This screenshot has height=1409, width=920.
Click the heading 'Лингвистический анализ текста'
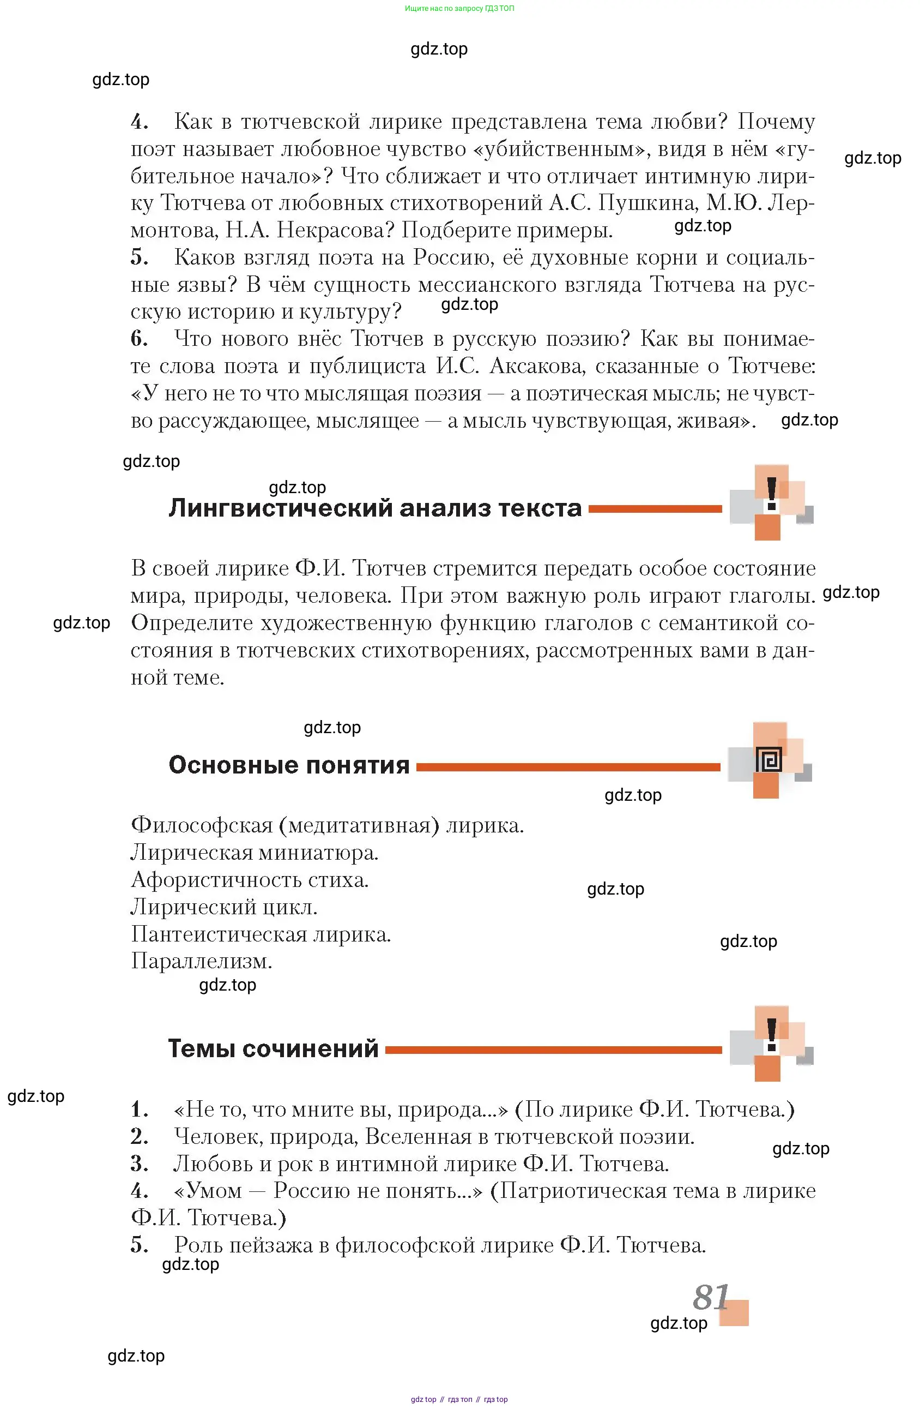pyautogui.click(x=375, y=508)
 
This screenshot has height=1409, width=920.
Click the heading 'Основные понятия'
pyautogui.click(x=289, y=765)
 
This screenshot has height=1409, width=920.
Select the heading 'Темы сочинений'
pyautogui.click(x=273, y=1048)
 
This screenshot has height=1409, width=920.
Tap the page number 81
pyautogui.click(x=710, y=1298)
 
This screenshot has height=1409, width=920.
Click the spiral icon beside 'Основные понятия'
pyautogui.click(x=769, y=759)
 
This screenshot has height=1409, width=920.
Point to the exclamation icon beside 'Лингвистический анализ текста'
pyautogui.click(x=772, y=494)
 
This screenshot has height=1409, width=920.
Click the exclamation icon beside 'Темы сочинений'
pyautogui.click(x=772, y=1035)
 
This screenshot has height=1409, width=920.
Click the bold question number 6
pyautogui.click(x=138, y=339)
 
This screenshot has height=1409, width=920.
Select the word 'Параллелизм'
pyautogui.click(x=201, y=961)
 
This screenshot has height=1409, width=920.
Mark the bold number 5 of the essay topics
pyautogui.click(x=138, y=1244)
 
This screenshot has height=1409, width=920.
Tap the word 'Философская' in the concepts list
pyautogui.click(x=201, y=825)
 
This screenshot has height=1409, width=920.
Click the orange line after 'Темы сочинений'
pyautogui.click(x=553, y=1050)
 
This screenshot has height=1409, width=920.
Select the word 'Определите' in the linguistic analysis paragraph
pyautogui.click(x=192, y=623)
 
